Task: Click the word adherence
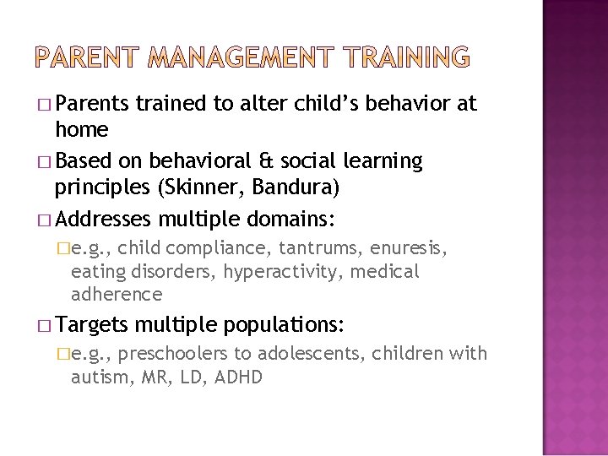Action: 117,294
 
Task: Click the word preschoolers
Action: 176,354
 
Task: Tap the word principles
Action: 117,184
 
